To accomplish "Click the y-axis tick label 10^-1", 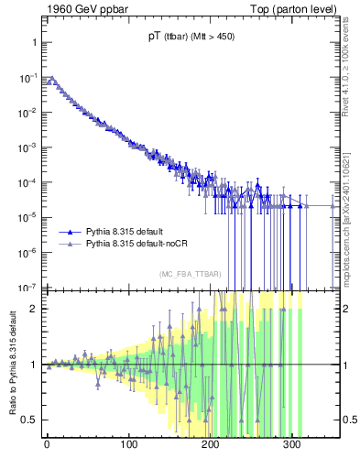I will point(26,78).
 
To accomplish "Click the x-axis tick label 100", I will point(128,445).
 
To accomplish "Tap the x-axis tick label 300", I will point(291,445).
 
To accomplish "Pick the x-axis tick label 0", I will point(47,445).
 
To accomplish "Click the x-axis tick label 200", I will point(210,445).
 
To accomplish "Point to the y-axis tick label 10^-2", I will point(26,113).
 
